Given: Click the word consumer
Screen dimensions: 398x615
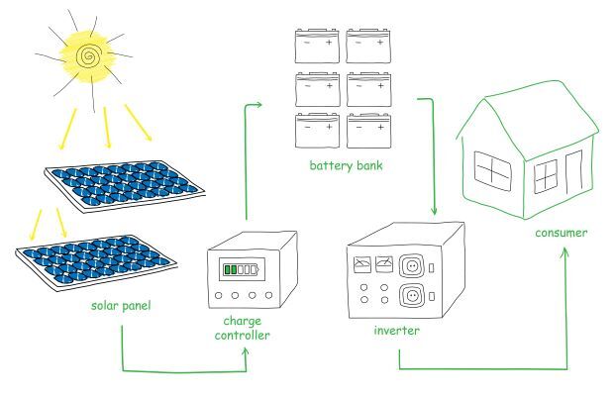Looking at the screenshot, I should click(561, 234).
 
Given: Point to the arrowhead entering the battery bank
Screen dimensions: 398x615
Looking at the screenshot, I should click(262, 105).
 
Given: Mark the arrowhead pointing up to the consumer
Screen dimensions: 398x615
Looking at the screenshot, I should click(564, 251).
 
